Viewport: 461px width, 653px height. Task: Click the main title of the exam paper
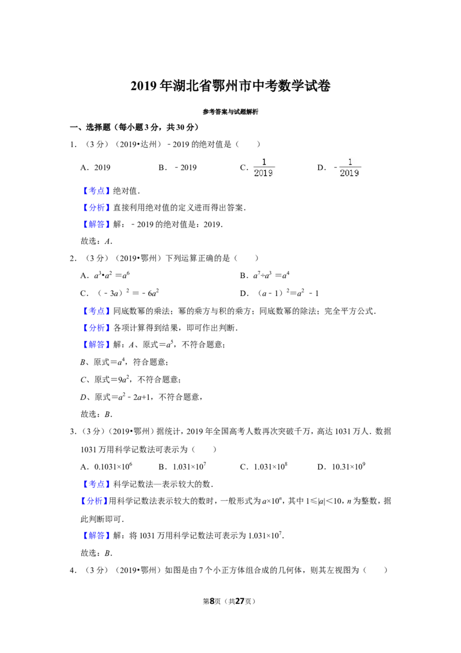tap(231, 86)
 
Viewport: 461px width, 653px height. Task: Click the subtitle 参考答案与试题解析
tap(231, 111)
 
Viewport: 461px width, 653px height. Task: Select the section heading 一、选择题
tap(90, 127)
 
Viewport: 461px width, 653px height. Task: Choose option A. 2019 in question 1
tap(95, 167)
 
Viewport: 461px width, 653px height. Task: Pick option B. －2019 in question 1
tap(177, 167)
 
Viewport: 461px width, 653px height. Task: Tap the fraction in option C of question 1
tap(264, 167)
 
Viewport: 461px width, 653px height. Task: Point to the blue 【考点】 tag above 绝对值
tap(97, 191)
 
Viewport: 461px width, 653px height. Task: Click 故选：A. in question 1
tap(97, 241)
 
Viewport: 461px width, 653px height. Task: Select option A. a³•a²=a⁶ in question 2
tap(105, 275)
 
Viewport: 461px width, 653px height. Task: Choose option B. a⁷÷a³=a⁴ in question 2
tap(264, 275)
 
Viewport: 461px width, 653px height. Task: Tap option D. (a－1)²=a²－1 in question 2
tap(279, 293)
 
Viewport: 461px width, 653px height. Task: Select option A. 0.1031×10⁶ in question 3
tap(107, 467)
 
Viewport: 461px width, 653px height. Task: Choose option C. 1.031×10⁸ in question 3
tap(264, 467)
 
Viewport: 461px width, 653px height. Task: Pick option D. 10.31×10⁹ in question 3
tap(341, 467)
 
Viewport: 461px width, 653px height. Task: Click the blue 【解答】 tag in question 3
tap(97, 535)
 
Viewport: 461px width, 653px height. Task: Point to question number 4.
tap(73, 570)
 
